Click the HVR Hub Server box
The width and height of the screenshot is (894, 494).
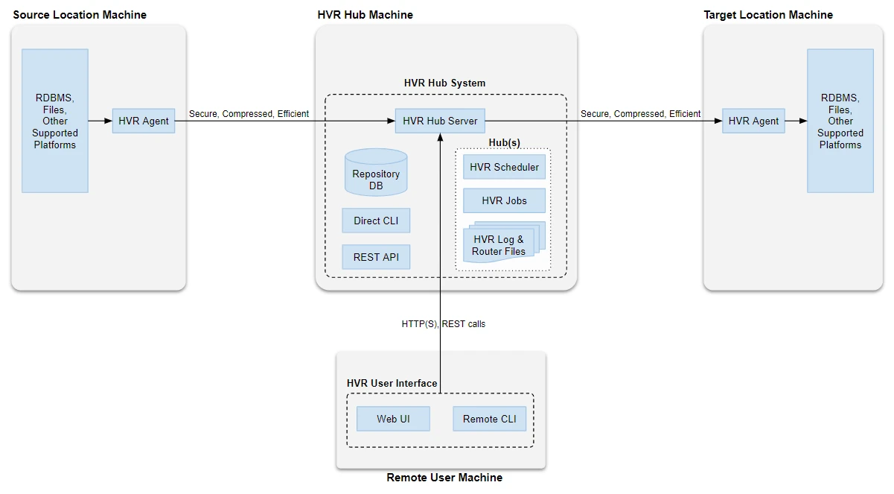[440, 121]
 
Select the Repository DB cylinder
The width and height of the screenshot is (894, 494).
[376, 174]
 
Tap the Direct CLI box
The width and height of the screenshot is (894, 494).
[376, 221]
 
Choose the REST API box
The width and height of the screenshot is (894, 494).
[376, 257]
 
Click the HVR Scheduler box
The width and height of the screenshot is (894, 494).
[504, 167]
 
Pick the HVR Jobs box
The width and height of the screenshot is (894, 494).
[504, 200]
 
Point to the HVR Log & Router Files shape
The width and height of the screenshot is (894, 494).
[499, 244]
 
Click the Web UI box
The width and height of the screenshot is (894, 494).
[393, 419]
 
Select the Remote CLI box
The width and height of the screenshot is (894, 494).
[489, 419]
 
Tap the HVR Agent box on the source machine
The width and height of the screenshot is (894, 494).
[144, 121]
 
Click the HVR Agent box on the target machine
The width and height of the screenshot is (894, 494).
[753, 121]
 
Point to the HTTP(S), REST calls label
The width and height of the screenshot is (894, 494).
[444, 324]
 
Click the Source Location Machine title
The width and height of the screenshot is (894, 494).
[80, 15]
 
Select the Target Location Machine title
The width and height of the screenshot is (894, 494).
[768, 15]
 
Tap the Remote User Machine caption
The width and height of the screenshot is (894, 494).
[444, 478]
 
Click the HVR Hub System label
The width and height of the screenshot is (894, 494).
[444, 83]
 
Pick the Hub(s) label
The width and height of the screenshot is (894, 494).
[504, 142]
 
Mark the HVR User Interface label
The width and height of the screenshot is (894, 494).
[392, 383]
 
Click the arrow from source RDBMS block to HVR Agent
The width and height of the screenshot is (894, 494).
[100, 121]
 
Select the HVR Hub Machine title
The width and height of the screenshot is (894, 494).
[365, 15]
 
